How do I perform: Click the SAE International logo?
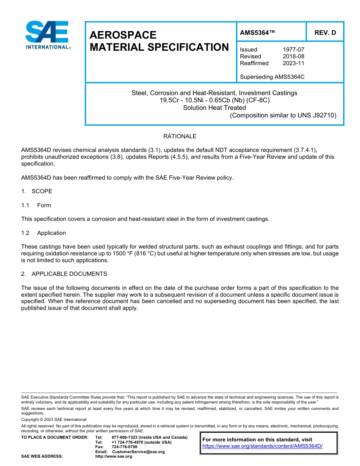coord(47,35)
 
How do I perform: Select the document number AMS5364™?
coord(257,33)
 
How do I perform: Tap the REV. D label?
coord(325,33)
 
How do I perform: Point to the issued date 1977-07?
coord(293,50)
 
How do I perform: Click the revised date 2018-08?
coord(293,56)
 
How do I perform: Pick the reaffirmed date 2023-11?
coord(293,63)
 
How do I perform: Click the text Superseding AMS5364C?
coord(272,77)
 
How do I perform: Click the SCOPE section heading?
coord(42,191)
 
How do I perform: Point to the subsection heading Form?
coord(44,205)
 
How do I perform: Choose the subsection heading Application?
coord(52,233)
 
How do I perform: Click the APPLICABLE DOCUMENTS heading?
coord(69,274)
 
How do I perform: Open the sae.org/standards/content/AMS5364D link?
coord(262,446)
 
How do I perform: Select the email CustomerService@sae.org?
coord(138,452)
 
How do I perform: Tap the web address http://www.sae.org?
coord(114,457)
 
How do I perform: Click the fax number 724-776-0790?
coord(124,447)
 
